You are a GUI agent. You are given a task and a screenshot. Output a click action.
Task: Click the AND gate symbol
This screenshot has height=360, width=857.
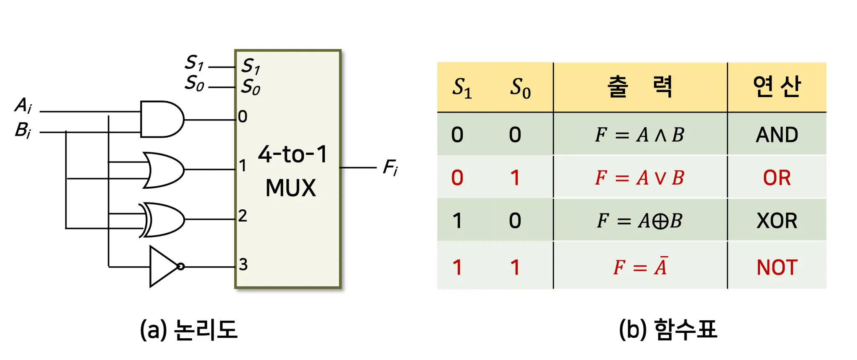coord(161,119)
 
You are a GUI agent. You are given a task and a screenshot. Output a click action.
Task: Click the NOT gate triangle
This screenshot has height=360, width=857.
coord(162,267)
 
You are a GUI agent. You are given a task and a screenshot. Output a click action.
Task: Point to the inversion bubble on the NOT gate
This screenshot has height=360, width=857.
coord(181,267)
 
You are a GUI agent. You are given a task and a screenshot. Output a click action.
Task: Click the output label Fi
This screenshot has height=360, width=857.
coord(390,168)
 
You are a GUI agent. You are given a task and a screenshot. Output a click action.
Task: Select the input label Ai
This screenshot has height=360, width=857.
coord(23,105)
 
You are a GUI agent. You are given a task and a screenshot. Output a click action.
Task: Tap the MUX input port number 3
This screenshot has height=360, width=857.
coord(243,265)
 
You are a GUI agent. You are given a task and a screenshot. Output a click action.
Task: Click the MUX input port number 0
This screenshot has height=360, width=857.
coord(243,116)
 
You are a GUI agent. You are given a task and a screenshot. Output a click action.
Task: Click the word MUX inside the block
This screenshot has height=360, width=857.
coord(290,188)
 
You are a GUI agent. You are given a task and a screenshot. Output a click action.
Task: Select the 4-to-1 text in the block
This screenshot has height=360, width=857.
coord(292,154)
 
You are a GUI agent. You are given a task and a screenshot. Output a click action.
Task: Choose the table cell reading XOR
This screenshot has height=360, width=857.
coord(777,221)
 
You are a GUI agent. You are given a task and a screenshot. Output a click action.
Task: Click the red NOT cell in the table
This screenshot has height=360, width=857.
coord(777,267)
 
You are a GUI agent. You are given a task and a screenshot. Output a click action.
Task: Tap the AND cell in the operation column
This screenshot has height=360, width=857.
coord(777,135)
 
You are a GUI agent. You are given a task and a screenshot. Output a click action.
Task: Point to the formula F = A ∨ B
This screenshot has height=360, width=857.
coord(639,178)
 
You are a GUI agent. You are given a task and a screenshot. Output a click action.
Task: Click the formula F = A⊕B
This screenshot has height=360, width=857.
coord(639,221)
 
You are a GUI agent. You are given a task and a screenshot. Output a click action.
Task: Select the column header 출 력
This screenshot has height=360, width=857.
coord(639,87)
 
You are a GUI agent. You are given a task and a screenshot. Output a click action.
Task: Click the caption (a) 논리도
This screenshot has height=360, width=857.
coord(188,329)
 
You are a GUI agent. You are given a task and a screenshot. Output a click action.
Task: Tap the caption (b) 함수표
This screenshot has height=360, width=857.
coord(668,329)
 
